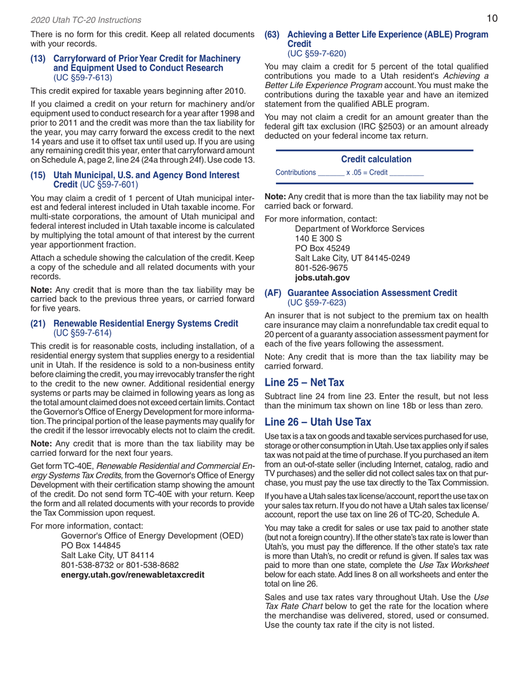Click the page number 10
tap(492, 19)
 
